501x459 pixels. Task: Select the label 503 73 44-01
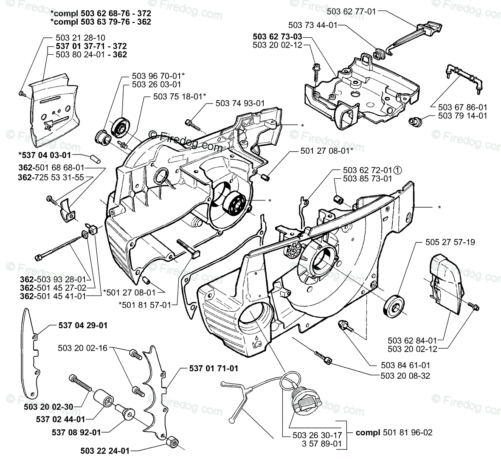click(312, 25)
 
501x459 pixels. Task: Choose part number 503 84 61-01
click(394, 365)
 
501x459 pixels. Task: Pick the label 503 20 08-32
click(394, 375)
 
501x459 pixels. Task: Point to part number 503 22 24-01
click(105, 451)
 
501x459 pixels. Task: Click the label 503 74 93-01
click(240, 103)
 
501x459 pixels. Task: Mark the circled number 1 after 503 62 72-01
click(397, 170)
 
